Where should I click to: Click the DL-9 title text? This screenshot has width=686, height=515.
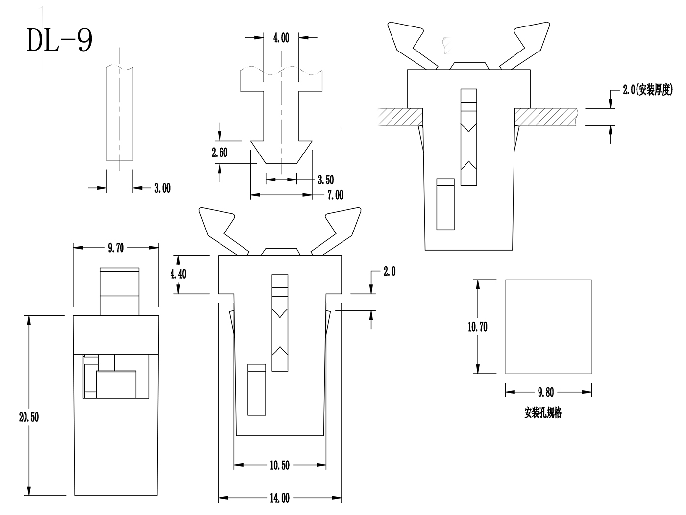(59, 40)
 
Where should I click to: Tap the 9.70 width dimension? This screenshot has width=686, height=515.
(116, 248)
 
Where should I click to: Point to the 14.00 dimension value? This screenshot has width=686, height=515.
(279, 498)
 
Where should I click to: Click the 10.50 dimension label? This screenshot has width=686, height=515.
(279, 465)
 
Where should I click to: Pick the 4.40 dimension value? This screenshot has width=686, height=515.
(178, 274)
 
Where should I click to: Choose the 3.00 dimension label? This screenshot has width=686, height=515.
(162, 188)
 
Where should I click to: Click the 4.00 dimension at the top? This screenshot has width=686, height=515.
(281, 38)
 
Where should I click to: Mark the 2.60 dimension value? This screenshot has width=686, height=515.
(220, 153)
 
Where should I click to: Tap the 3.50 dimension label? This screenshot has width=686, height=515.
(325, 180)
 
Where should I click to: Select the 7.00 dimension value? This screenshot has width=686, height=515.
(335, 195)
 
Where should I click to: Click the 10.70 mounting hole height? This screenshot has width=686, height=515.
(477, 327)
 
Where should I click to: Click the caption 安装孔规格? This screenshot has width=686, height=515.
(543, 413)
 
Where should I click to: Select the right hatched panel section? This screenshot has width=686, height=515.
(546, 116)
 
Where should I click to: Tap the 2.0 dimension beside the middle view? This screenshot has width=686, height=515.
(389, 271)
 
